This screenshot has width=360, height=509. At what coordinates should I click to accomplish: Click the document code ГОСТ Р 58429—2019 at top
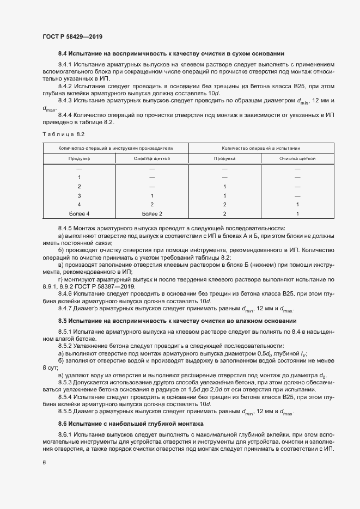(72, 36)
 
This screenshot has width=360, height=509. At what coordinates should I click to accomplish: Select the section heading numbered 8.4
(171, 53)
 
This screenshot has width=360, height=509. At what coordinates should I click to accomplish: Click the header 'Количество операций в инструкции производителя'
(115, 148)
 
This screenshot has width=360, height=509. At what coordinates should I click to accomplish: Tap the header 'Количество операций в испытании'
(261, 148)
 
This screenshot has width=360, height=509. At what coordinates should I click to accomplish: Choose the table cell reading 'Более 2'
(152, 214)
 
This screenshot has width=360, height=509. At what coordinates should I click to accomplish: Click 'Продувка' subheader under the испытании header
(224, 158)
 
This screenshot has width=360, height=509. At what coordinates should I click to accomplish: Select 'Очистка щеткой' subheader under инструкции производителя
(152, 158)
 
